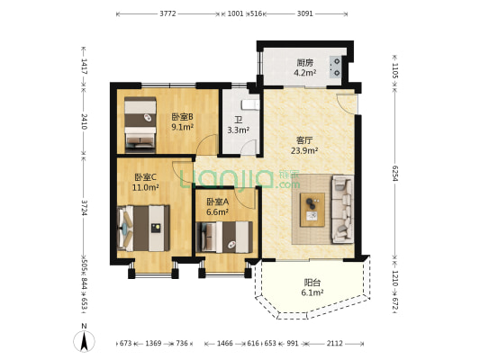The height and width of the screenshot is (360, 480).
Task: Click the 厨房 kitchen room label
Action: [x=305, y=63]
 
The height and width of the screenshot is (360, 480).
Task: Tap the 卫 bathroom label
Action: [x=238, y=119]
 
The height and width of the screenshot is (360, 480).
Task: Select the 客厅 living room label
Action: [x=304, y=139]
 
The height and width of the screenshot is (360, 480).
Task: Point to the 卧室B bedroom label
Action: [x=182, y=116]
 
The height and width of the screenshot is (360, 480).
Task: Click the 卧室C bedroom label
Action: [x=145, y=176]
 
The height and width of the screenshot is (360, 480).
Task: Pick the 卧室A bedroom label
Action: [x=217, y=202]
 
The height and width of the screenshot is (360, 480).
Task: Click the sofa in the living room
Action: [x=343, y=210]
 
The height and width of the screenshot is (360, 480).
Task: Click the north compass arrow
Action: [x=84, y=340]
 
